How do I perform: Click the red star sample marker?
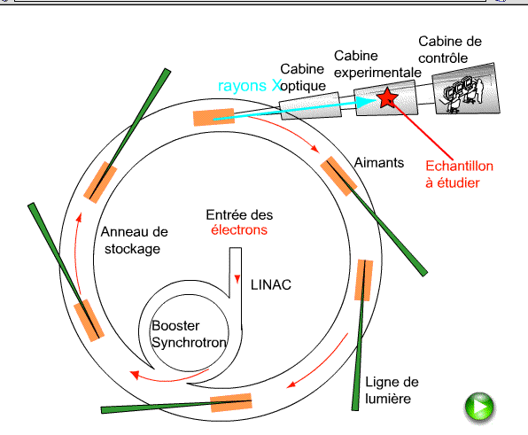387,98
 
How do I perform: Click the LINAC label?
271,285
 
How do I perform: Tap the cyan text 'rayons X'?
250,86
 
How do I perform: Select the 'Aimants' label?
379,163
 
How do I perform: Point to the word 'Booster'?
175,325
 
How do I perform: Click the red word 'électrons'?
239,230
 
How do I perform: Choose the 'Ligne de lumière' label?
392,391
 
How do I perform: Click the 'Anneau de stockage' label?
134,240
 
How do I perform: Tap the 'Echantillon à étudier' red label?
459,175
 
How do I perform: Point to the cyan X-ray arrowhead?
367,102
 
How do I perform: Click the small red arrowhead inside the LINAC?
237,279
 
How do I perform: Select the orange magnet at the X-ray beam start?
214,117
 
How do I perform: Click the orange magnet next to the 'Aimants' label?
338,175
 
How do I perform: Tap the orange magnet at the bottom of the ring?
231,402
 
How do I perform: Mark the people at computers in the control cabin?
463,94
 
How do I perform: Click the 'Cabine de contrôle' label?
450,50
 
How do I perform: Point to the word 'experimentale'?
377,73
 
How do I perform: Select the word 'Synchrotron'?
189,342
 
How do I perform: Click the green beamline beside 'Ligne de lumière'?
360,335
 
